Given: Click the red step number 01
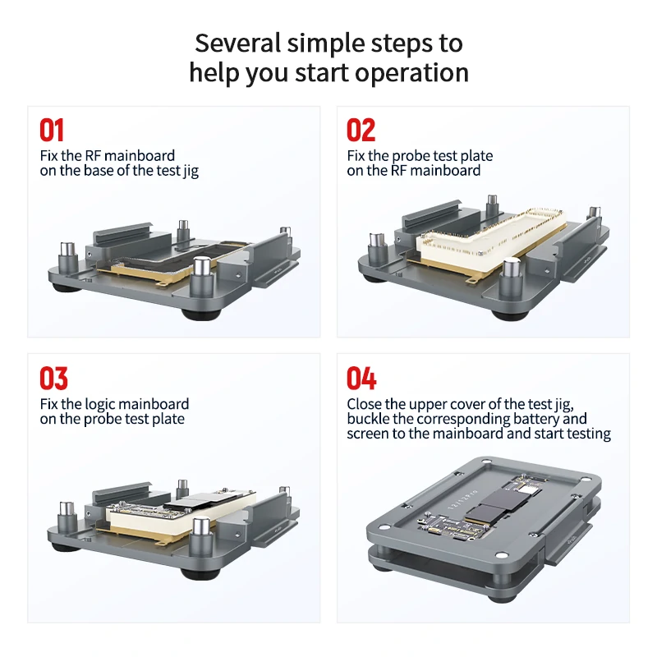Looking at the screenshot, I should pyautogui.click(x=52, y=131).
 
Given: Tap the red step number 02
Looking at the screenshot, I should pyautogui.click(x=361, y=131).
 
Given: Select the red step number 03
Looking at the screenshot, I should pyautogui.click(x=53, y=379).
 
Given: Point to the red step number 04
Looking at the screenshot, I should pyautogui.click(x=361, y=379).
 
